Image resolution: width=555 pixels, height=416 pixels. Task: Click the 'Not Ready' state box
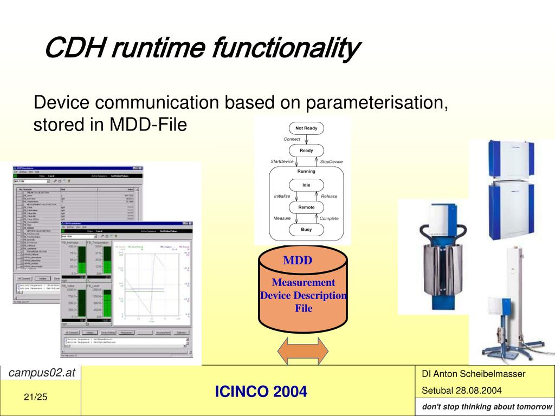(306, 128)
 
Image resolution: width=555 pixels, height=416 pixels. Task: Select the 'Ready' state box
(306, 151)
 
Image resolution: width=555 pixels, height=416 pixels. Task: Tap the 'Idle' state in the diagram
(306, 185)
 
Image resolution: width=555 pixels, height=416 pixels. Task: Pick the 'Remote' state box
(306, 207)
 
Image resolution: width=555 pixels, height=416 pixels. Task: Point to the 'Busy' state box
(306, 230)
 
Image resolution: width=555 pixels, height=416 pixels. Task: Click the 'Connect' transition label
(292, 139)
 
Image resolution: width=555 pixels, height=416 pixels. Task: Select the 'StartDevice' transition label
(282, 161)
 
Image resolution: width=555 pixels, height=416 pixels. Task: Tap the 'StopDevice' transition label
(331, 162)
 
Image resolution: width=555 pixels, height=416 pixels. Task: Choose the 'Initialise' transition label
(282, 196)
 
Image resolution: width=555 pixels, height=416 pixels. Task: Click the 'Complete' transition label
(329, 219)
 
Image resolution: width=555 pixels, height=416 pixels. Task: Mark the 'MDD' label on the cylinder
(298, 261)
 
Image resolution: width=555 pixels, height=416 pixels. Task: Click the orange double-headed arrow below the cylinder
(303, 351)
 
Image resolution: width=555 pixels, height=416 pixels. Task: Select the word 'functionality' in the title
(286, 49)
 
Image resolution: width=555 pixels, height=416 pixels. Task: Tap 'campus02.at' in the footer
(41, 373)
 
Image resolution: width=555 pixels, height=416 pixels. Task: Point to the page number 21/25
(36, 398)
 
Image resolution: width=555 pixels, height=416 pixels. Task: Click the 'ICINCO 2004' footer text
(261, 391)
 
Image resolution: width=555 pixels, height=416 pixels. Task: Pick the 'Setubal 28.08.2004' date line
(462, 391)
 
